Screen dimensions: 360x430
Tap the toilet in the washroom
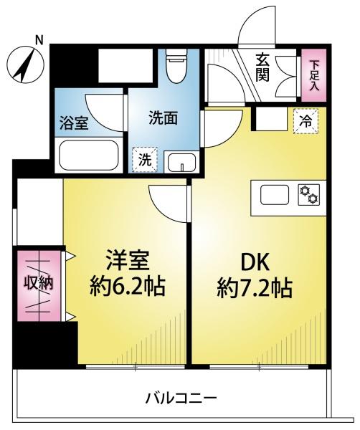176,66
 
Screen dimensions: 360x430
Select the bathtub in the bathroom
89,156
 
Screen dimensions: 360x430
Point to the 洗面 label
163,118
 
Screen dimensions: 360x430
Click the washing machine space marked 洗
145,160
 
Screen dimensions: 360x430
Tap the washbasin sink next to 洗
181,162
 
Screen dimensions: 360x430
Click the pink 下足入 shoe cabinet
314,75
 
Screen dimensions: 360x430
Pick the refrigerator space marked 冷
305,121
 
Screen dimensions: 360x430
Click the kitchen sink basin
275,195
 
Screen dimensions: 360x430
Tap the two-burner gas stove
309,195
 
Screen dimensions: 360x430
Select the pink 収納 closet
39,286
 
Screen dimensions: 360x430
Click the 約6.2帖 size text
128,287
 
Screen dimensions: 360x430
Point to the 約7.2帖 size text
255,288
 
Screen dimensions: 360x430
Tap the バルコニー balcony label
181,397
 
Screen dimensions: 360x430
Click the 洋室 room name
128,262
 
